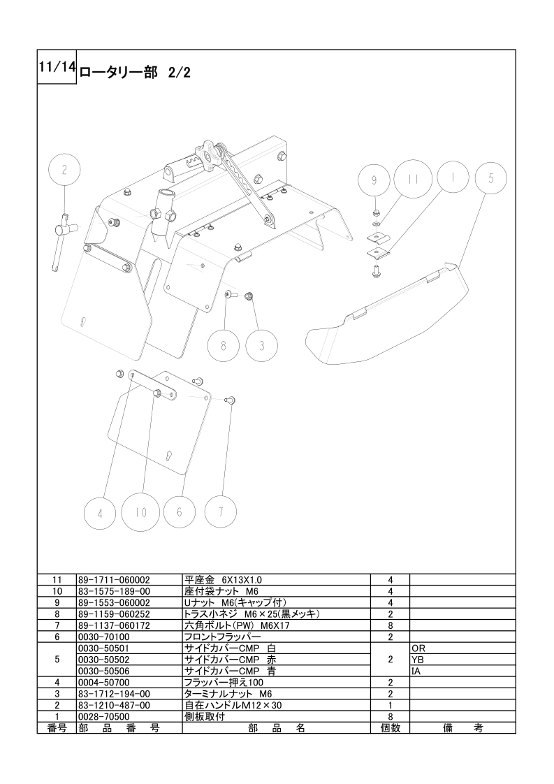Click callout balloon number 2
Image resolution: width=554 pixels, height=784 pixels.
[x=65, y=169]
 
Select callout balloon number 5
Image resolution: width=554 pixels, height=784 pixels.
[x=491, y=179]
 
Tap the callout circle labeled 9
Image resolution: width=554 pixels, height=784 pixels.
[x=374, y=180]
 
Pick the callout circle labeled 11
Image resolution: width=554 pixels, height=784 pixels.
[x=411, y=179]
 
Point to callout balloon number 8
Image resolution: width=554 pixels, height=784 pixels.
[x=223, y=345]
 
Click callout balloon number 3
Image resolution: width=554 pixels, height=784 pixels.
[x=261, y=345]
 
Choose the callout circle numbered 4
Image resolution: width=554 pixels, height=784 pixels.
[x=101, y=513]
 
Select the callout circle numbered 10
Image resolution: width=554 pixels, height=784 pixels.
[x=142, y=511]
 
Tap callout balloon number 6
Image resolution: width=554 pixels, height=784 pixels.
[x=180, y=512]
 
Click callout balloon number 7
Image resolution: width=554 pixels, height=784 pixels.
[x=221, y=511]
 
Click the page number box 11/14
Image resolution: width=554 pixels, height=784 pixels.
[x=57, y=67]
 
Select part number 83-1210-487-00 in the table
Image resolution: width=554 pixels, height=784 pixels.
[x=114, y=706]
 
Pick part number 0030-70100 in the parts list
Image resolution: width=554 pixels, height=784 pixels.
[x=103, y=637]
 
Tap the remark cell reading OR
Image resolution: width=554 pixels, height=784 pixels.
[x=419, y=648]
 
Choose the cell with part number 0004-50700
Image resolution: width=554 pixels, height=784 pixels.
[x=103, y=683]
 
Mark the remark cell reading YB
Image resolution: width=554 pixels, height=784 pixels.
[x=418, y=660]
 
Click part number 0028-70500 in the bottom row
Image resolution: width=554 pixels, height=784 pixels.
[x=103, y=717]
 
